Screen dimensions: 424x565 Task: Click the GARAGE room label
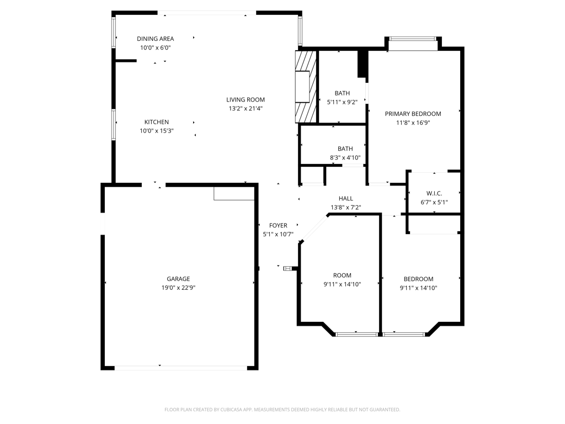(x=178, y=279)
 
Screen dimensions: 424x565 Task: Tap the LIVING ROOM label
(x=246, y=100)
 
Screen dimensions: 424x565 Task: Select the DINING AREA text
(x=155, y=39)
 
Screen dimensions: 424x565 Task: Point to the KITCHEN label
(x=157, y=122)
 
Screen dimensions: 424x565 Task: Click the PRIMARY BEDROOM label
(x=413, y=114)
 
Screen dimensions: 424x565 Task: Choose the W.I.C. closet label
(x=434, y=193)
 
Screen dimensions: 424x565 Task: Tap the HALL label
(x=346, y=199)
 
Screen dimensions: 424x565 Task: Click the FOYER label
(x=278, y=225)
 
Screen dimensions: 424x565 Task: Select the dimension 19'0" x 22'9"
(x=178, y=288)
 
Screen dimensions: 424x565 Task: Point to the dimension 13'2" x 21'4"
(x=246, y=109)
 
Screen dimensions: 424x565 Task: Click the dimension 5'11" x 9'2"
(x=342, y=102)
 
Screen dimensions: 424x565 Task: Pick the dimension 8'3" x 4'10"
(x=345, y=157)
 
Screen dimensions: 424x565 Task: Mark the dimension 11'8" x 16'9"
(x=413, y=123)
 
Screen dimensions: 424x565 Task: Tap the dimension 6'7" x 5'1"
(x=434, y=202)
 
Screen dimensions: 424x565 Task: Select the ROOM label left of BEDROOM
(x=342, y=275)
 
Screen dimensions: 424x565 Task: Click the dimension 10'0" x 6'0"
(x=155, y=47)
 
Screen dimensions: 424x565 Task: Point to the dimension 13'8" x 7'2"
(x=346, y=208)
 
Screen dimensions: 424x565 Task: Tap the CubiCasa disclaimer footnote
(x=282, y=410)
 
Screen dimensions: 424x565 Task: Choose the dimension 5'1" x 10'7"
(x=278, y=234)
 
